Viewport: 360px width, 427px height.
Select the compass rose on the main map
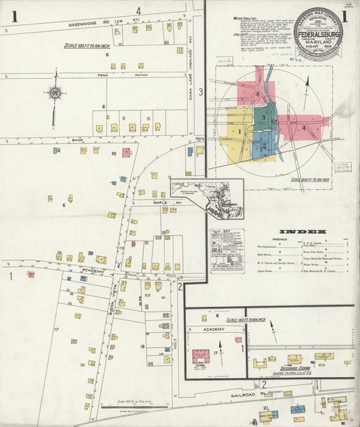[53, 93]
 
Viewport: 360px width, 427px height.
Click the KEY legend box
[226, 250]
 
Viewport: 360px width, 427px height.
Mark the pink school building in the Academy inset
[201, 355]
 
